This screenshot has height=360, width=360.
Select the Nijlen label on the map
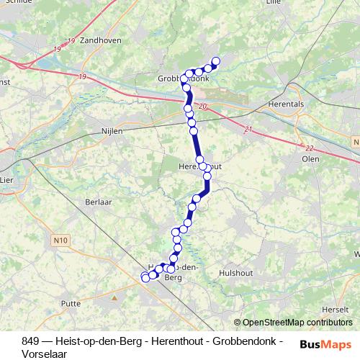click(x=112, y=132)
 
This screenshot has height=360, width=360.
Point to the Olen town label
click(x=311, y=158)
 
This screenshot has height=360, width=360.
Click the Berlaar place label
click(x=98, y=203)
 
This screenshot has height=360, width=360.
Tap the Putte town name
click(x=71, y=305)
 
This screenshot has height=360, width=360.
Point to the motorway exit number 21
click(x=248, y=130)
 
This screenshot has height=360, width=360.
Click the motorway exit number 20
click(x=203, y=107)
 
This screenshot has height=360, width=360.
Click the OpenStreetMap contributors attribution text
click(x=297, y=323)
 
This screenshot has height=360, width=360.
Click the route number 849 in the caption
click(x=30, y=341)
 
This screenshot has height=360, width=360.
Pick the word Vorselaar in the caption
click(x=44, y=354)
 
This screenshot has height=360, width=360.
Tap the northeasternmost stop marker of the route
click(x=215, y=61)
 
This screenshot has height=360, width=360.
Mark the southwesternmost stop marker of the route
click(x=145, y=277)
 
